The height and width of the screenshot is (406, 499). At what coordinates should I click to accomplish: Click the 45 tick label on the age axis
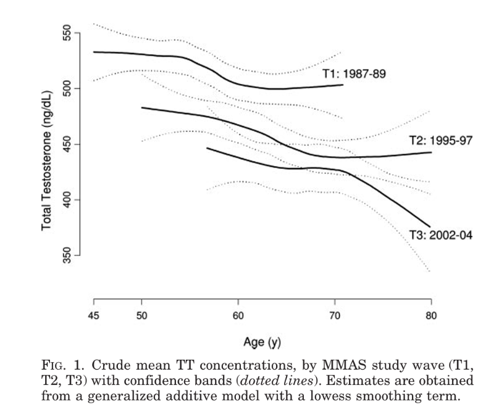coord(93,317)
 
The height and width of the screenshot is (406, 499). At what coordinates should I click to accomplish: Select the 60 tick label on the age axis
coord(238,317)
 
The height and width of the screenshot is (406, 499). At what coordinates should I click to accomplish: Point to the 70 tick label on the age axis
coord(335,317)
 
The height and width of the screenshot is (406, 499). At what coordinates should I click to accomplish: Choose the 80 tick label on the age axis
coord(431,317)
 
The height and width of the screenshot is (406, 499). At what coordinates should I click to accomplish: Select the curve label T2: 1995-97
coord(441,141)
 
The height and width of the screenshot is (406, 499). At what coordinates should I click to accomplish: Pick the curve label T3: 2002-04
coord(440,235)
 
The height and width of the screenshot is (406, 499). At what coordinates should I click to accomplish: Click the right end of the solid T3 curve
coord(430,227)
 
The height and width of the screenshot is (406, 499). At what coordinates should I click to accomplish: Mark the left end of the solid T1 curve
coord(93,52)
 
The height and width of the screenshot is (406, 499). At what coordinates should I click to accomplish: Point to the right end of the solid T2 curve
coord(431,152)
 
